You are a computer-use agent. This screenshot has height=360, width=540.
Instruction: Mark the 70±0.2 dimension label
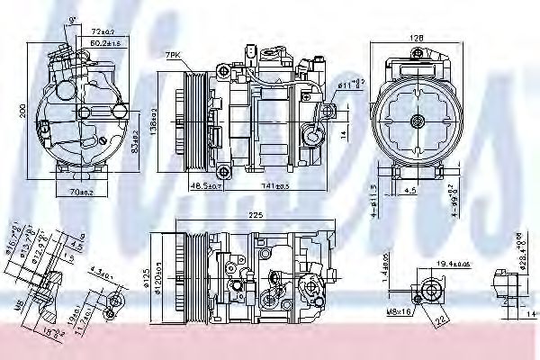pyautogui.click(x=82, y=192)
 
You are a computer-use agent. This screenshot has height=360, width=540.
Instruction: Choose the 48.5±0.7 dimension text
pyautogui.click(x=205, y=184)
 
